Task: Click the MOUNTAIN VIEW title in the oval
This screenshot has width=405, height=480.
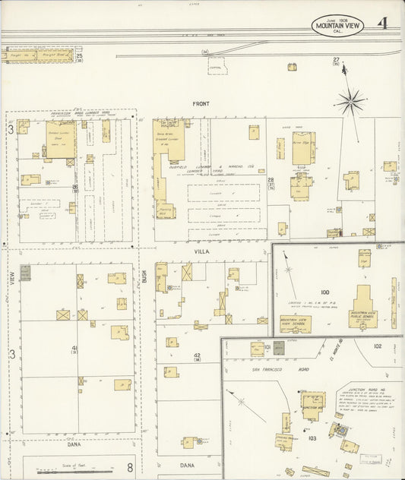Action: (338, 25)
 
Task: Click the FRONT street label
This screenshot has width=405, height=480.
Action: (201, 103)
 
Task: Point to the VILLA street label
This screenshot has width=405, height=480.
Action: (201, 250)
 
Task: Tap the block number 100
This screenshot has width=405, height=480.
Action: (325, 291)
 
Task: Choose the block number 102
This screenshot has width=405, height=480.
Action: (377, 346)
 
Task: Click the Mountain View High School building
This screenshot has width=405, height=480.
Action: (296, 322)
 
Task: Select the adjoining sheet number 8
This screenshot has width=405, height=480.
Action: (130, 467)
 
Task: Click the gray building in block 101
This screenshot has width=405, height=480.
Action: (278, 348)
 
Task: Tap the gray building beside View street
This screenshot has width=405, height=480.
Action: (26, 273)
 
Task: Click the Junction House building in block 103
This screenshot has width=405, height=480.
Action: (312, 403)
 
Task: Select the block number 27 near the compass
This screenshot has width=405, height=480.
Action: (335, 60)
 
